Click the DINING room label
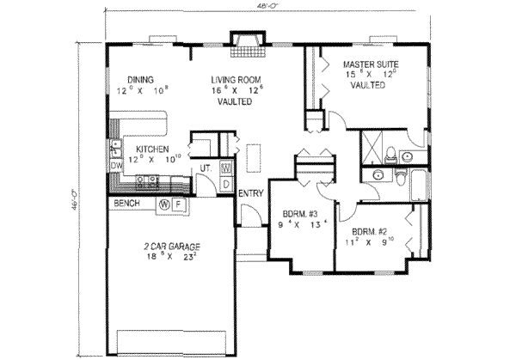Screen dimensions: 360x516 (x=139, y=76)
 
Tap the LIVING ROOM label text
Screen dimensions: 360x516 (x=234, y=80)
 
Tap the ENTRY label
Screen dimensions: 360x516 (x=250, y=193)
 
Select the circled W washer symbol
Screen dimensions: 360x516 (x=163, y=204)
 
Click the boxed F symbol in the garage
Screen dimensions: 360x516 (x=177, y=204)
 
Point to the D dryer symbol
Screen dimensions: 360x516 (x=226, y=183)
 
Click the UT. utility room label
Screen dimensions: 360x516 (x=206, y=168)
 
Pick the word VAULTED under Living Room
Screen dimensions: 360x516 (x=234, y=101)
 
